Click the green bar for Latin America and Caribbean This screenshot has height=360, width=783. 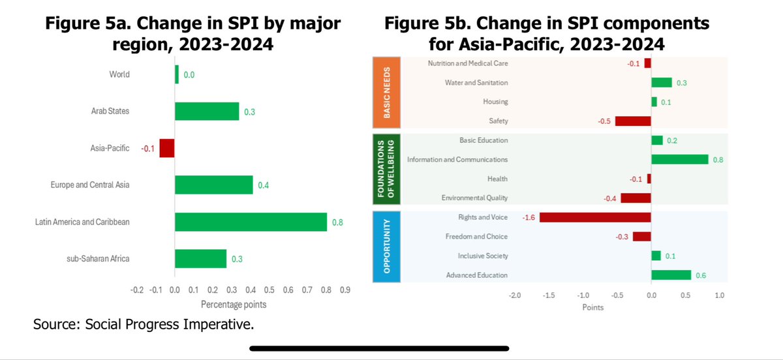(x=251, y=222)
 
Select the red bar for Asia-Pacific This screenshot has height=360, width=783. (x=167, y=148)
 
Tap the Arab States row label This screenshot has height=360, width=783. (x=110, y=111)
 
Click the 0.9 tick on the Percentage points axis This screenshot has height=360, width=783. (x=345, y=290)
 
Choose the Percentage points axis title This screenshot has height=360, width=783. (x=233, y=305)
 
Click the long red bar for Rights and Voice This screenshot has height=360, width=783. (x=595, y=217)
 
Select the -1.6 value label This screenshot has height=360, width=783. (x=528, y=217)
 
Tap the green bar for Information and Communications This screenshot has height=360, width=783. (x=679, y=159)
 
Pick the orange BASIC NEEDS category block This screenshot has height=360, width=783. (x=386, y=92)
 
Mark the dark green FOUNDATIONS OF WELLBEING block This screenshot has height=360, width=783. (x=386, y=169)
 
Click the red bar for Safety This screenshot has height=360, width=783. (x=633, y=121)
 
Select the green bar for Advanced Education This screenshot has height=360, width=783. (x=671, y=275)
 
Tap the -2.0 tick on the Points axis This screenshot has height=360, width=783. (x=515, y=295)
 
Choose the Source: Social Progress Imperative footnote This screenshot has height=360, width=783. (x=144, y=324)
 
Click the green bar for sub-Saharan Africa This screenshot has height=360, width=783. (x=200, y=259)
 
